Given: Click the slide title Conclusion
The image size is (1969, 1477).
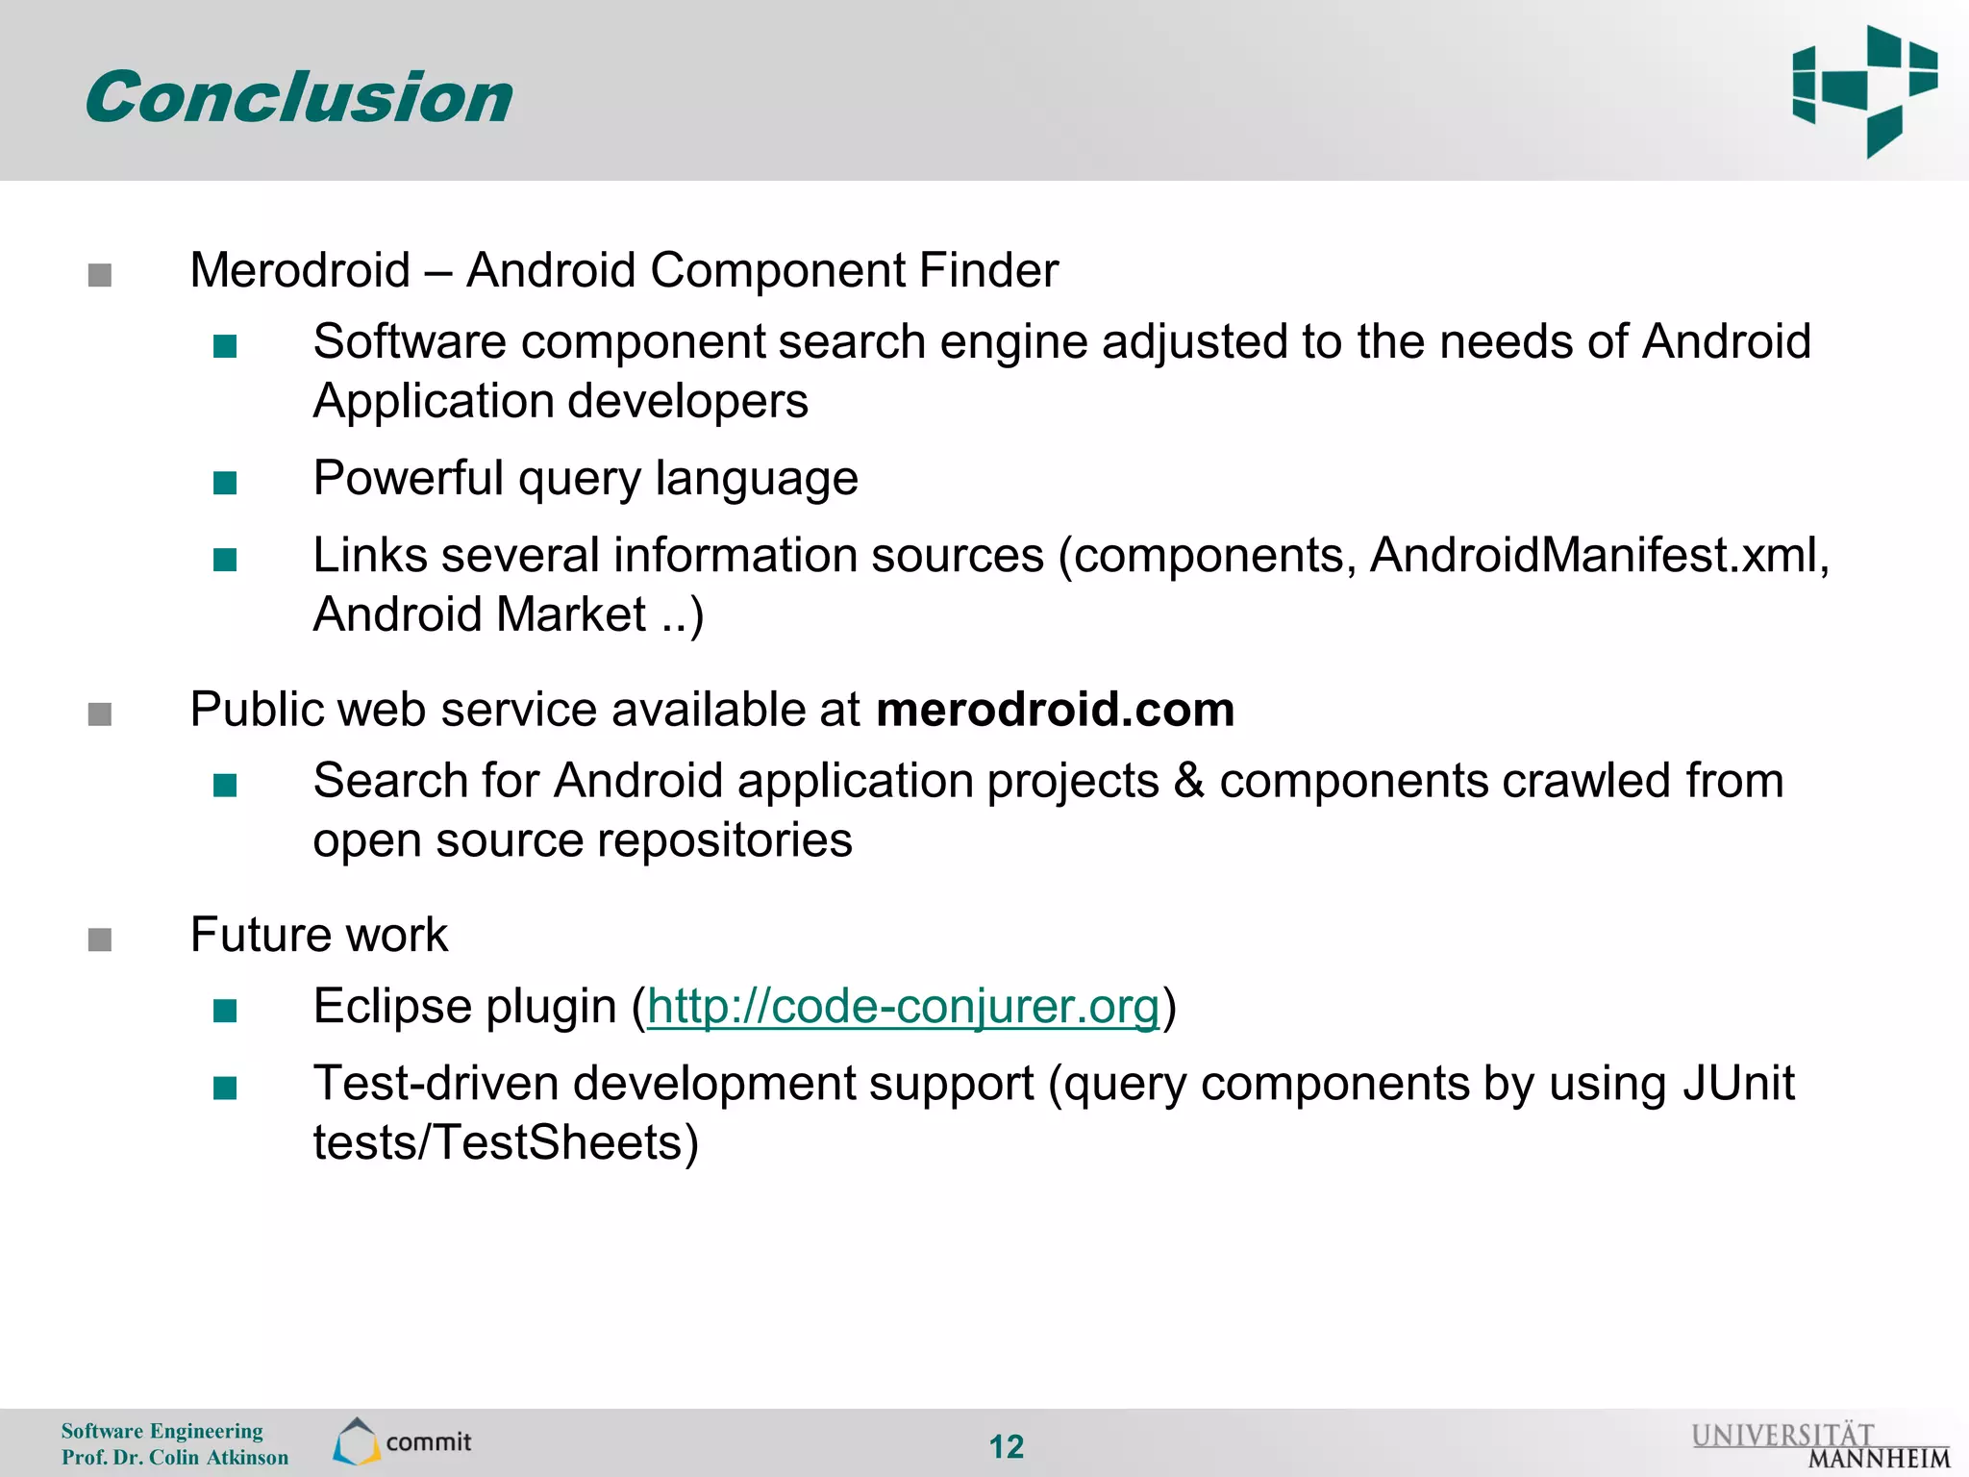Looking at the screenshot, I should tap(299, 98).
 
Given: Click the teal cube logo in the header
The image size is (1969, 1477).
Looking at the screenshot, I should tap(1864, 90).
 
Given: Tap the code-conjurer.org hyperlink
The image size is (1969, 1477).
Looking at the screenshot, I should tap(903, 1007).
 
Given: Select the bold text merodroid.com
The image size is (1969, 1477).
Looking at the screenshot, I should tap(1055, 710).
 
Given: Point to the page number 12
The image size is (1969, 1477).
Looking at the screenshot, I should tap(1007, 1446).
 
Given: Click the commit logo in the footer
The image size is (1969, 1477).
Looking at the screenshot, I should tap(403, 1441).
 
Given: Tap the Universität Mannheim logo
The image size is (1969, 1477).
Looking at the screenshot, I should tap(1820, 1445).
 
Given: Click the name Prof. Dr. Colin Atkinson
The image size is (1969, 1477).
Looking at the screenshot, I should tap(175, 1457).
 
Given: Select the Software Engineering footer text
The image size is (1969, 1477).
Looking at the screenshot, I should tap(162, 1431).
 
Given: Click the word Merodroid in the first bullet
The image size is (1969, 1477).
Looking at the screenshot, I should tap(300, 270).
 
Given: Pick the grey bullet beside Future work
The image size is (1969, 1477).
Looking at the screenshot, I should tap(100, 939).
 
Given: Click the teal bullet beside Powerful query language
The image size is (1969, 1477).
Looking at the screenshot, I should tap(225, 482).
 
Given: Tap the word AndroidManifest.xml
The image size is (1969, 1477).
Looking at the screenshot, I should tap(1599, 556).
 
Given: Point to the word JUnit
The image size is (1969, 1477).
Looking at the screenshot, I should tap(1738, 1084).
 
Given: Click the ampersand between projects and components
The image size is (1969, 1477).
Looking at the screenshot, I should tap(1189, 781).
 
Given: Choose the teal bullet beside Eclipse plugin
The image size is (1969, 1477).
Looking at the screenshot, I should tap(225, 1011).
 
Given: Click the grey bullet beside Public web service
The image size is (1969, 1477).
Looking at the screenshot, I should tap(100, 713).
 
